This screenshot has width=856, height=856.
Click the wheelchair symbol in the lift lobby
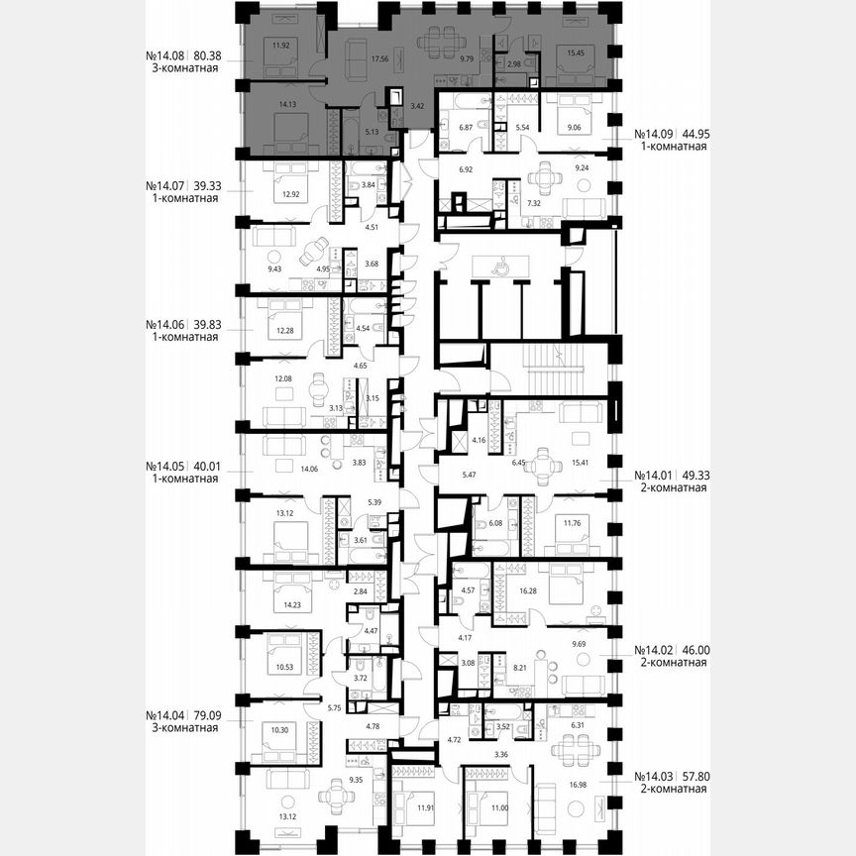coord(500,266)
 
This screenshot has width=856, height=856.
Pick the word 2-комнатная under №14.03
coord(671,790)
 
